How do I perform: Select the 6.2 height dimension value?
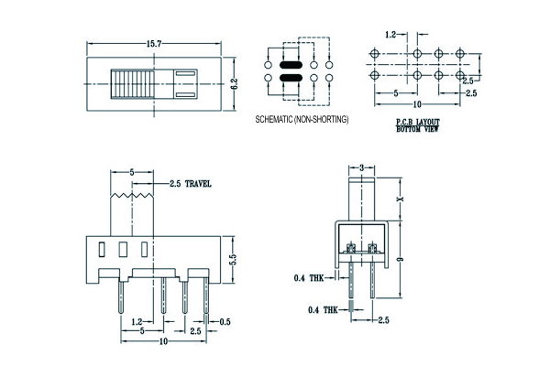click(x=236, y=82)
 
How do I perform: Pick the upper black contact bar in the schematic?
click(x=290, y=66)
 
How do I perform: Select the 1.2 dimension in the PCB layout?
click(x=390, y=34)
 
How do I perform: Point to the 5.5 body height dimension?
click(x=233, y=259)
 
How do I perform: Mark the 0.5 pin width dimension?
click(x=225, y=320)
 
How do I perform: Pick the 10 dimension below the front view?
click(x=163, y=341)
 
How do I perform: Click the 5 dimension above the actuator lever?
click(x=132, y=171)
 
